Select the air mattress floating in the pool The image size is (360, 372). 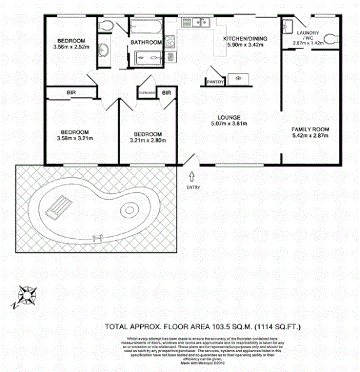[x=57, y=206]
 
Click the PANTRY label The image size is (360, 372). [x=214, y=82]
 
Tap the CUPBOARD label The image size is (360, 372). [x=147, y=93]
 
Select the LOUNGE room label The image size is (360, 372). [x=228, y=117]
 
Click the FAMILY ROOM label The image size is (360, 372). [x=310, y=129]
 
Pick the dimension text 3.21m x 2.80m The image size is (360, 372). [x=148, y=140]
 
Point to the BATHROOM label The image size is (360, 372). [x=146, y=43]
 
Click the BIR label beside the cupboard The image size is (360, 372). [x=167, y=93]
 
